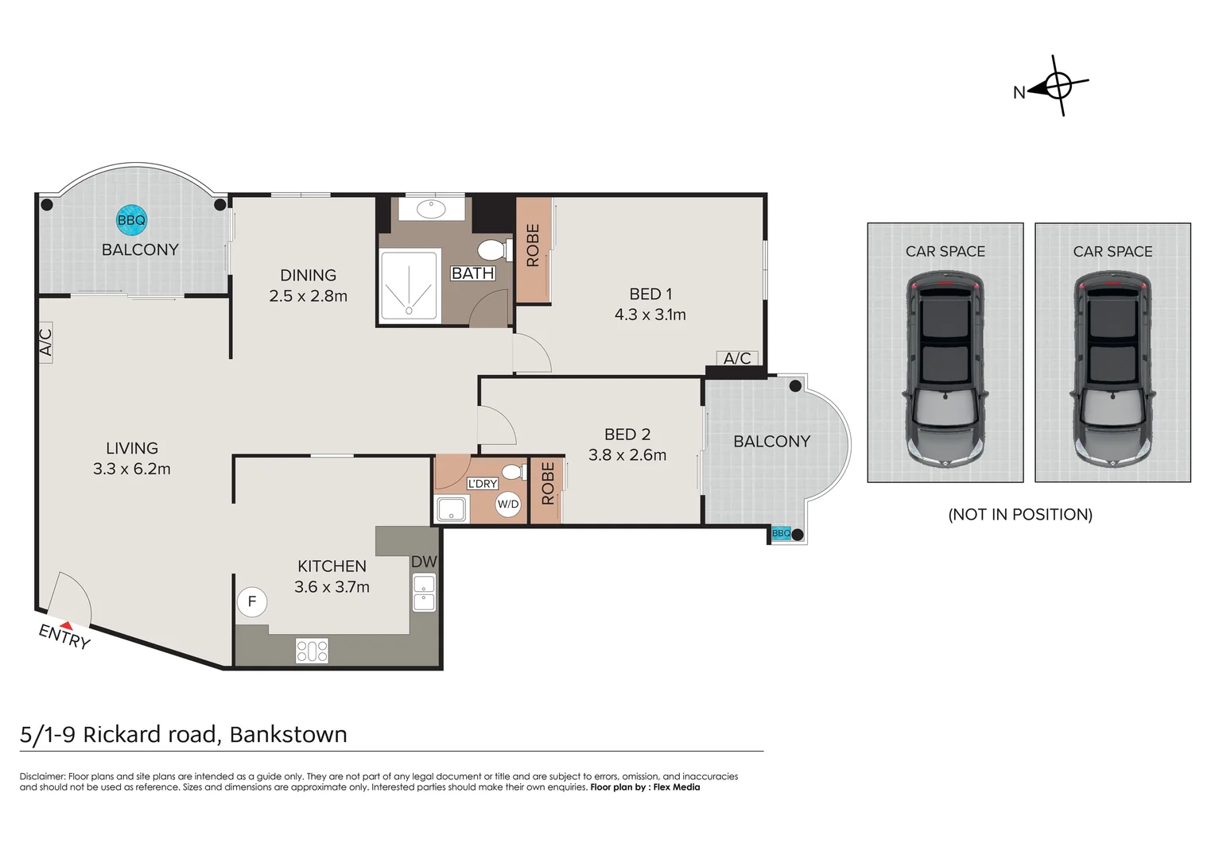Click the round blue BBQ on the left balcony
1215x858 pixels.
coord(131,220)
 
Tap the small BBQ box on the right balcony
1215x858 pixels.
coord(781,533)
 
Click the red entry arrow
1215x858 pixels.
coord(66,625)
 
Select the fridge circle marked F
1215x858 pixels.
coord(252,601)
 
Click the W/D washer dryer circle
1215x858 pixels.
coord(507,504)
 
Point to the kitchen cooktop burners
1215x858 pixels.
coord(312,651)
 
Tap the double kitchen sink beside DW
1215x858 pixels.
coord(424,593)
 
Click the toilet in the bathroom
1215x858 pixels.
coord(495,250)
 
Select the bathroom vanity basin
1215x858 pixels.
coord(432,209)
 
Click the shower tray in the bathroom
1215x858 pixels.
coord(409,286)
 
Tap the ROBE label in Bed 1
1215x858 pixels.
coord(533,245)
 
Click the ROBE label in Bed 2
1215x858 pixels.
coord(547,483)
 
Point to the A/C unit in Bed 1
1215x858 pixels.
coord(737,358)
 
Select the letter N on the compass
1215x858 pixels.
coord(1019,93)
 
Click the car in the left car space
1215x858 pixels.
coord(945,369)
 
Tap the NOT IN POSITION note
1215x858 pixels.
coord(1020,514)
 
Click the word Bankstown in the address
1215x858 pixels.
coord(289,734)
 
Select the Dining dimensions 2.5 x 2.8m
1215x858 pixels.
coord(308,296)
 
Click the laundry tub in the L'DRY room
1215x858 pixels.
coord(452,509)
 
